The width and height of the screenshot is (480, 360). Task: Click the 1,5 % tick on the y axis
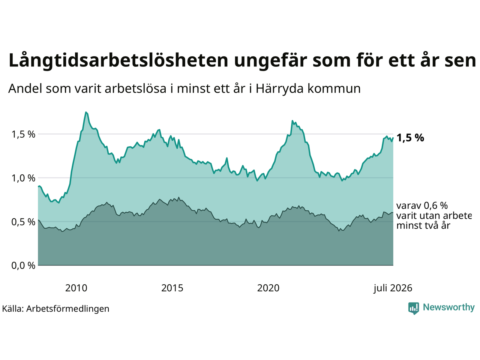pyautogui.click(x=23, y=134)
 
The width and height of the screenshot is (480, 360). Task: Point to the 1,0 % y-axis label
pyautogui.click(x=23, y=178)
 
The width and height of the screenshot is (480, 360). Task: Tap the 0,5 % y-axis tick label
pyautogui.click(x=23, y=222)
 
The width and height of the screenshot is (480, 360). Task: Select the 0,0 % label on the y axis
pyautogui.click(x=23, y=265)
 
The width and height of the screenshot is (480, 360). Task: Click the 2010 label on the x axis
pyautogui.click(x=76, y=288)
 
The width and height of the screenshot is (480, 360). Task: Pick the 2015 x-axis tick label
pyautogui.click(x=172, y=288)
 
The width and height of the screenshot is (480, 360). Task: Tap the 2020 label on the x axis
pyautogui.click(x=268, y=288)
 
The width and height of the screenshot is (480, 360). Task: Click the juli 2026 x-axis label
pyautogui.click(x=393, y=288)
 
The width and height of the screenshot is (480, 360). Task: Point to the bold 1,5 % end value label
pyautogui.click(x=410, y=138)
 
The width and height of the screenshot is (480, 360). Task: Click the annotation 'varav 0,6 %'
pyautogui.click(x=422, y=205)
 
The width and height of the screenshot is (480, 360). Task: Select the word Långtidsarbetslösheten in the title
pyautogui.click(x=118, y=61)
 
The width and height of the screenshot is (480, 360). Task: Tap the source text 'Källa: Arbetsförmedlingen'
pyautogui.click(x=55, y=309)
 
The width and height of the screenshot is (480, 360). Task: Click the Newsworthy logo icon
pyautogui.click(x=414, y=308)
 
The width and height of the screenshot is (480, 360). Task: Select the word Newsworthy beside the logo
pyautogui.click(x=449, y=307)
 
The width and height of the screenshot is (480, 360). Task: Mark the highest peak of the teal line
pyautogui.click(x=86, y=112)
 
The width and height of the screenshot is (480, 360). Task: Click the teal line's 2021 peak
pyautogui.click(x=292, y=121)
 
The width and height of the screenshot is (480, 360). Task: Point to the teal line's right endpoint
pyautogui.click(x=393, y=138)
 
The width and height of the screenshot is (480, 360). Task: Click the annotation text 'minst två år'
pyautogui.click(x=423, y=226)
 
